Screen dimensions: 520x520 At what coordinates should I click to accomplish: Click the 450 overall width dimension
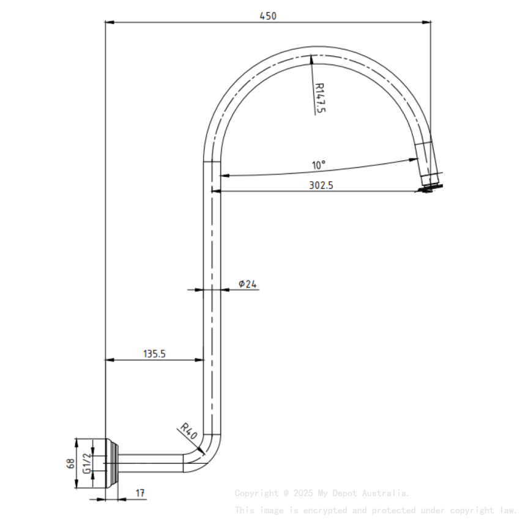(x=268, y=17)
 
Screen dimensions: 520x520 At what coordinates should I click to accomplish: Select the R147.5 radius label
(x=319, y=98)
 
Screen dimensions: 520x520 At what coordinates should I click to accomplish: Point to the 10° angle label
(x=319, y=165)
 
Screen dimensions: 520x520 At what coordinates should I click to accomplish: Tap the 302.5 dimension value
(x=321, y=185)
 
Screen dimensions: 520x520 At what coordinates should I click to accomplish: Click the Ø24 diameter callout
(x=248, y=283)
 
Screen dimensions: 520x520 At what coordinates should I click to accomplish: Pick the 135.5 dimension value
(x=155, y=353)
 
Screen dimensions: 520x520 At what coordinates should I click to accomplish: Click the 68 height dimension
(x=71, y=463)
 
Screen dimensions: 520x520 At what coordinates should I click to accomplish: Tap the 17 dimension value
(x=141, y=492)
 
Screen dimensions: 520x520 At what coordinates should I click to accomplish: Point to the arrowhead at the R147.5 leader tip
(x=312, y=59)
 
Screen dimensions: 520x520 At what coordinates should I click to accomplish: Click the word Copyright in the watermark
(x=256, y=493)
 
